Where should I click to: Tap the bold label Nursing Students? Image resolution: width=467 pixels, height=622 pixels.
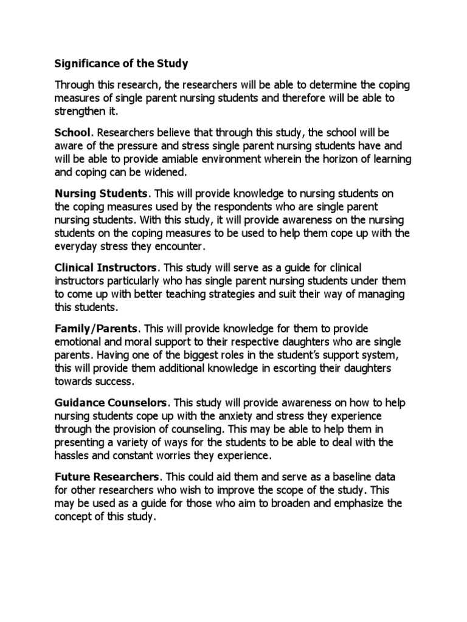pos(102,193)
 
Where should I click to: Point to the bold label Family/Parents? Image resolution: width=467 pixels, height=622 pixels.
pos(94,329)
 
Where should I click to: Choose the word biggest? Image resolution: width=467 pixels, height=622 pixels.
pos(200,355)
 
